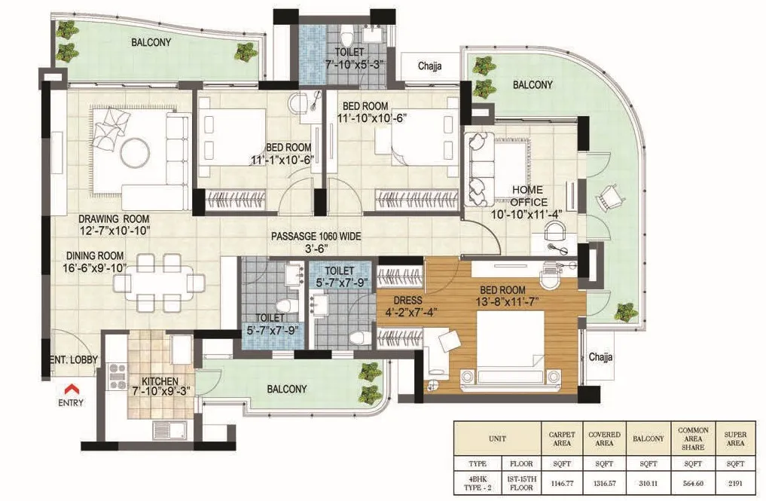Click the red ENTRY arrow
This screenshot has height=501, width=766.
(x=72, y=389)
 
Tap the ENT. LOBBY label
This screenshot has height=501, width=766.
(x=74, y=360)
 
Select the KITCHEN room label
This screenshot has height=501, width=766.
(x=160, y=381)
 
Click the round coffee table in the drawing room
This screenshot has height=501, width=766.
(x=136, y=152)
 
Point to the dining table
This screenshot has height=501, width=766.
(x=159, y=283)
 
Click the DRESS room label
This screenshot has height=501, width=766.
(x=407, y=301)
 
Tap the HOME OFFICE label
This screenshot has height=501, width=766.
(x=527, y=196)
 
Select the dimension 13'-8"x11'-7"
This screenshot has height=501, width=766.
(x=507, y=301)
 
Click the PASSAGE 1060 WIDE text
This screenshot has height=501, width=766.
(x=316, y=237)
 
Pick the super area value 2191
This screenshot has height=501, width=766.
(x=734, y=484)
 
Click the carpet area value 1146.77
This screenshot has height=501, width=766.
(x=562, y=484)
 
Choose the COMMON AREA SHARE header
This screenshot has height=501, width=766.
(x=693, y=439)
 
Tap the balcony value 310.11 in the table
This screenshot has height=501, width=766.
(x=649, y=484)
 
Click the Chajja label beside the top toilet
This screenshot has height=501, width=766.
(x=430, y=66)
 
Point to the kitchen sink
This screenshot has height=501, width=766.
(x=169, y=430)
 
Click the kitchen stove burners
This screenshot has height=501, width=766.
(x=117, y=377)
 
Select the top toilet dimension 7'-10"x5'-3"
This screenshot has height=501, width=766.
(x=354, y=63)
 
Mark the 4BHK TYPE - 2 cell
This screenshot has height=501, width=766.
(x=478, y=484)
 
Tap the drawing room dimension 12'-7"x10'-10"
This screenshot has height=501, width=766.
(x=114, y=231)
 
